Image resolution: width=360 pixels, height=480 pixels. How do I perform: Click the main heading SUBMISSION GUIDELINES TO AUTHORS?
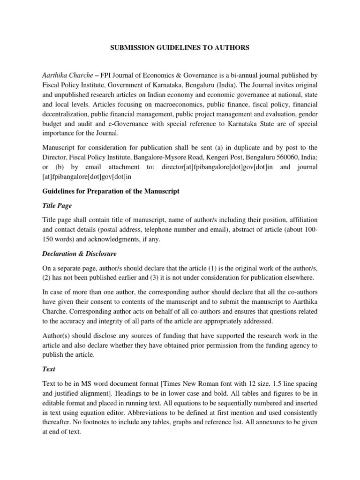click(x=180, y=47)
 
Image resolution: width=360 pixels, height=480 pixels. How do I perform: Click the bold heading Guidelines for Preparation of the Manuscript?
click(x=111, y=191)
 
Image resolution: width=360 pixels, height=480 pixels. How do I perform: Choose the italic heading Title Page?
click(x=57, y=205)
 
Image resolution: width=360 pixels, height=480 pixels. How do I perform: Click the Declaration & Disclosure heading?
click(x=79, y=254)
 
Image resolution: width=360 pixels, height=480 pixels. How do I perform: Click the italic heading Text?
click(x=48, y=369)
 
